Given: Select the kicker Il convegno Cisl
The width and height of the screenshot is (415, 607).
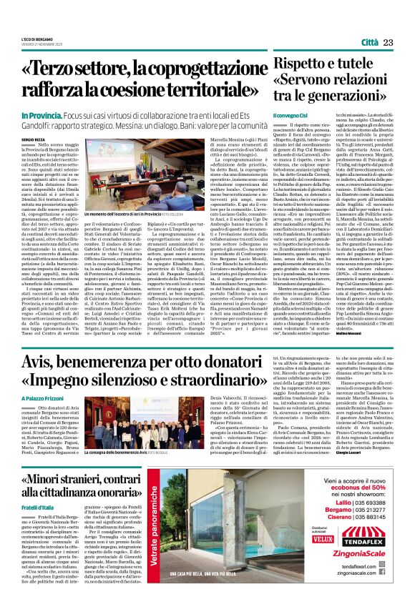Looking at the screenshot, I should tap(293, 114).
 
